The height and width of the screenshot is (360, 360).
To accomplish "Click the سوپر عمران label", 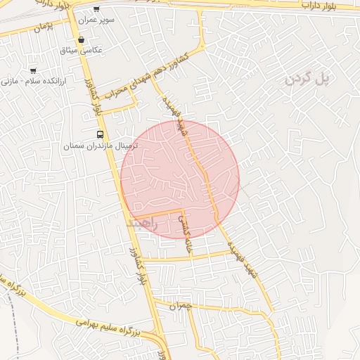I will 97,20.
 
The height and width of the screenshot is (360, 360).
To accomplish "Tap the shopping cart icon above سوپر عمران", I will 96,10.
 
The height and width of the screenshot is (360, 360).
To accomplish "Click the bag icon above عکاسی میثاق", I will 82,40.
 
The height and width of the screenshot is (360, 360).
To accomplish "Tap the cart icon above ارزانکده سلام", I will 33,70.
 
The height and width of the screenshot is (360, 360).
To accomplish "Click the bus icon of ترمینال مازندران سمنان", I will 100,134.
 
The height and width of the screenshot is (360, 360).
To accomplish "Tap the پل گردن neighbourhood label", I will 307,79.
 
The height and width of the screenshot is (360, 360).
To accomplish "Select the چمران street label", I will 181,307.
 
